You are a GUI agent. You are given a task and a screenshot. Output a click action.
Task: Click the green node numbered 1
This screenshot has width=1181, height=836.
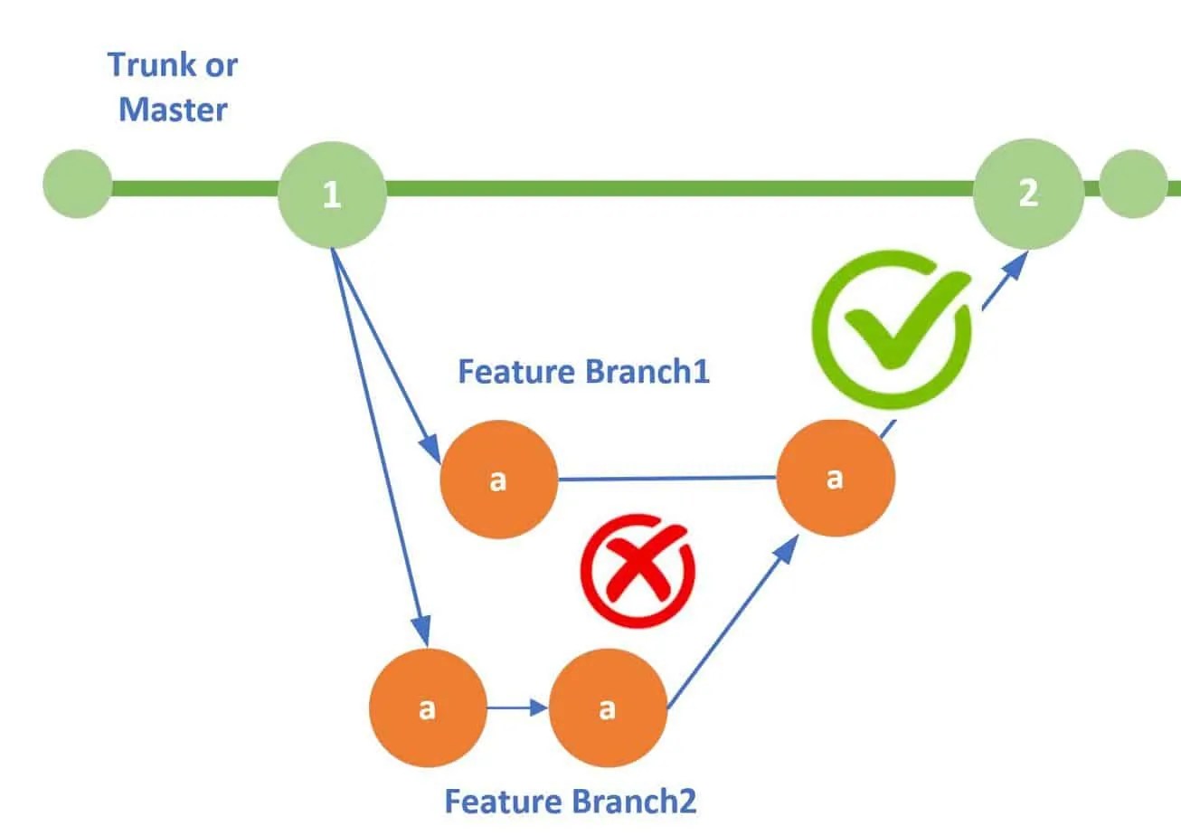(x=332, y=194)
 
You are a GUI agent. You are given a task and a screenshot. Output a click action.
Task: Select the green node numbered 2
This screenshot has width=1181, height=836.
(x=1028, y=193)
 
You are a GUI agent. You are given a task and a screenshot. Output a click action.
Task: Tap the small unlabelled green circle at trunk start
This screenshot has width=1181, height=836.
(x=78, y=184)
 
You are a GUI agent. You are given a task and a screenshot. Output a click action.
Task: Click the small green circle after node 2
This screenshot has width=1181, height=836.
(x=1133, y=184)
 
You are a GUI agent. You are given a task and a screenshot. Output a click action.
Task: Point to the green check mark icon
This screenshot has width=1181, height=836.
(x=891, y=329)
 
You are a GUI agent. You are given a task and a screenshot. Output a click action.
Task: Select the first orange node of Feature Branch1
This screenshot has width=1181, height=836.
(x=497, y=480)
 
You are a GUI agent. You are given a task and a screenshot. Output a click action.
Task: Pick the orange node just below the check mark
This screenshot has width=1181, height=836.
(x=836, y=478)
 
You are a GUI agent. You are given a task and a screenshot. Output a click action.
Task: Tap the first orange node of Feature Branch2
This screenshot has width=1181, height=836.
(x=427, y=708)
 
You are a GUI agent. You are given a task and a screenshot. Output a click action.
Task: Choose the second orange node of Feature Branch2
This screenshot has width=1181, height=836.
(x=607, y=708)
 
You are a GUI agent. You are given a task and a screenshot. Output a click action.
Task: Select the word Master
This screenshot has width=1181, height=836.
(x=173, y=110)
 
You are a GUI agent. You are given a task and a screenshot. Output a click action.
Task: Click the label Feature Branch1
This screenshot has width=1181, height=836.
(x=583, y=372)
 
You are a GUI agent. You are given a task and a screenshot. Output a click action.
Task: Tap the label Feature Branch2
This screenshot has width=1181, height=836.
(x=571, y=801)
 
